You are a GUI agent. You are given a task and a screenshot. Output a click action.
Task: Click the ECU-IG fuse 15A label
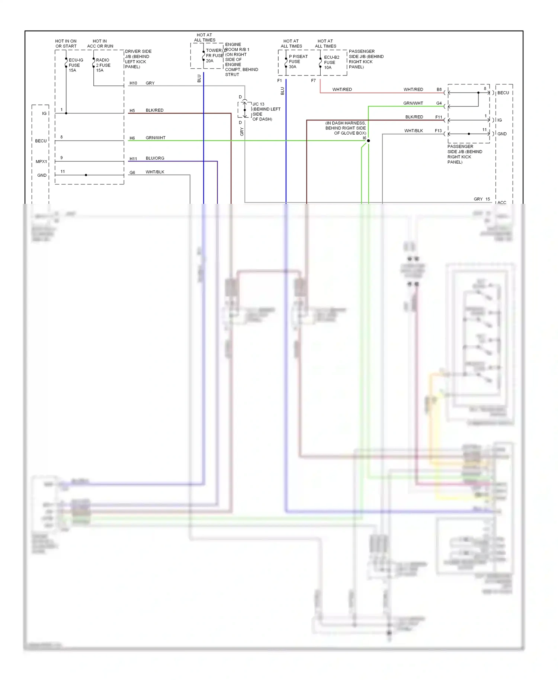coord(76,65)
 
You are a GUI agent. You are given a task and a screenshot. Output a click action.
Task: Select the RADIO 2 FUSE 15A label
coord(103,65)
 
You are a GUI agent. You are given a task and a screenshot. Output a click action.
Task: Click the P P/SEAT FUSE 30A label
coord(298,62)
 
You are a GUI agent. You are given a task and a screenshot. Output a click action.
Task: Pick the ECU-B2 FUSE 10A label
coord(331,62)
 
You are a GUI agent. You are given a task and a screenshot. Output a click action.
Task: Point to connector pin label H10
coord(133,83)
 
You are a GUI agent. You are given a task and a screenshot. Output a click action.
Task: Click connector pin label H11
coord(133,159)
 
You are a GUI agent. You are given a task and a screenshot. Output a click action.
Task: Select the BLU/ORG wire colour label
coord(155,158)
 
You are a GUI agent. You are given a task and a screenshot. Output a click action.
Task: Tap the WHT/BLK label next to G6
coord(155,172)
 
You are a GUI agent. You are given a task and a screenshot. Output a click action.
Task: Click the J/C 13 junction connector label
coord(258,104)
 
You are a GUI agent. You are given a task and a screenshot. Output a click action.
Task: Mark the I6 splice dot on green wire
coord(368,141)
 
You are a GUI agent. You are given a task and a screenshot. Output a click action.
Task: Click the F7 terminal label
coord(313,81)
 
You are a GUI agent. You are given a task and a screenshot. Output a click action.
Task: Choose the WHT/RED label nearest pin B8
coord(413,90)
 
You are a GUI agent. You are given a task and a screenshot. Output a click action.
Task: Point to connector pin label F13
coord(438,131)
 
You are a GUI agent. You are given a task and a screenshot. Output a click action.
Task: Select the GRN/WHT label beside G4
coord(413,103)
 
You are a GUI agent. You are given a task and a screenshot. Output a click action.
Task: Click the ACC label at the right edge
coord(502,203)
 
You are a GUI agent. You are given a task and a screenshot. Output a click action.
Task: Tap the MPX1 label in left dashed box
coord(41,162)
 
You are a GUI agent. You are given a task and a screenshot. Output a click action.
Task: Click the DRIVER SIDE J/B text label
coord(138,59)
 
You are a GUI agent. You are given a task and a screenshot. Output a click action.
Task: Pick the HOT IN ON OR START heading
coord(66,44)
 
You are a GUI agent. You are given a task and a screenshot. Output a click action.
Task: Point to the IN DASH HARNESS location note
coord(346,128)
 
